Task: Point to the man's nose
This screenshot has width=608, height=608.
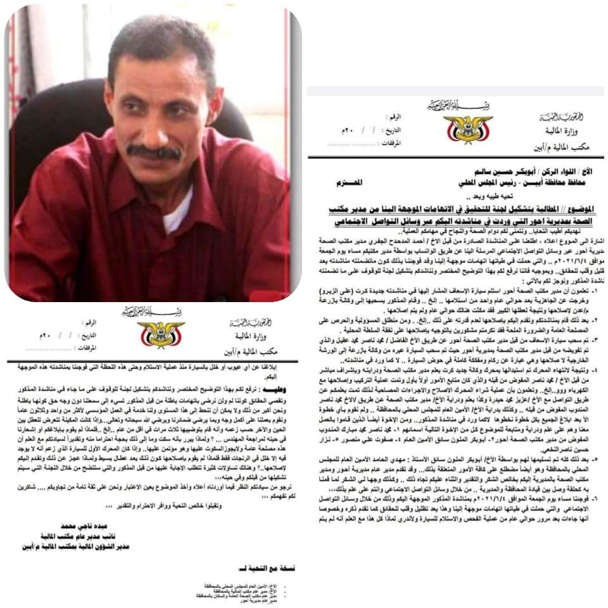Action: pos(155,127)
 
